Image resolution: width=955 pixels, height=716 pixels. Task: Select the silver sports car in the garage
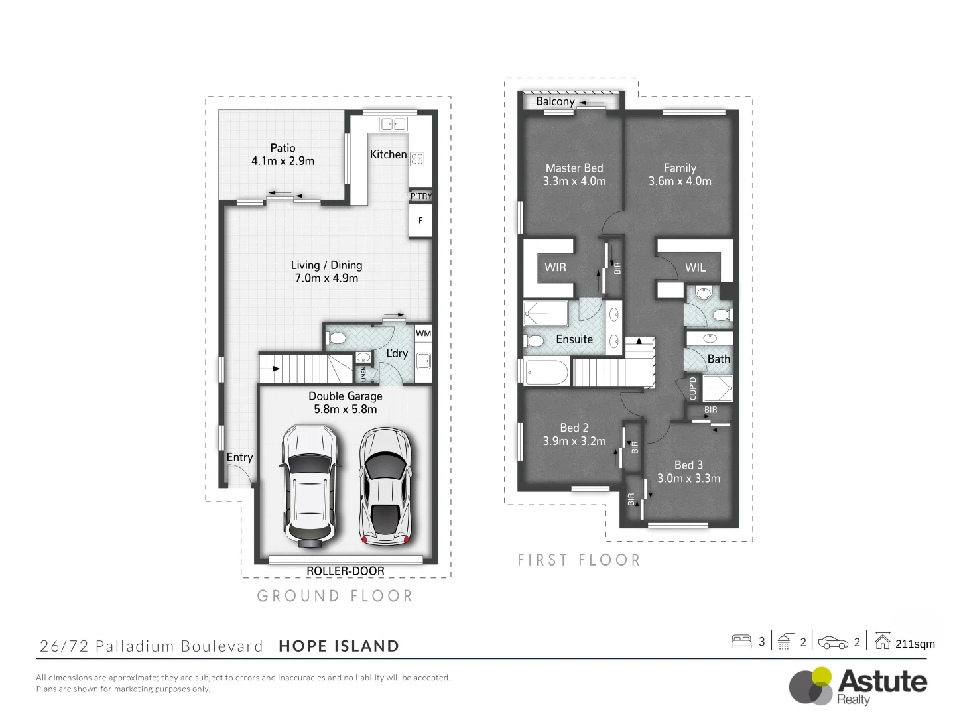(385, 486)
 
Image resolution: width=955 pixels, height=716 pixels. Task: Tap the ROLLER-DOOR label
(345, 571)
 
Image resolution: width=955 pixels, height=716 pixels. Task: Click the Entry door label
(239, 457)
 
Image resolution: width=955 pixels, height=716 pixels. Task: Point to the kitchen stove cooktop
(417, 158)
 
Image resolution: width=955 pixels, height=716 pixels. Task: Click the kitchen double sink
(393, 124)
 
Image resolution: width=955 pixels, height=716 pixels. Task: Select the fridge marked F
(420, 221)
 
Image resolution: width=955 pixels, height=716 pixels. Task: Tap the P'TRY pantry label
(420, 196)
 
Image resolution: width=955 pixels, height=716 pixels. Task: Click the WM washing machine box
(423, 333)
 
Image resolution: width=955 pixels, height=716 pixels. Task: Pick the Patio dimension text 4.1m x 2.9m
(283, 161)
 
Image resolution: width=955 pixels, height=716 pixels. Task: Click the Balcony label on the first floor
(555, 101)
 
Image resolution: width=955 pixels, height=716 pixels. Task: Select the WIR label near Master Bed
(555, 267)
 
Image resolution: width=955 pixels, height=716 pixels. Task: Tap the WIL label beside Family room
(695, 268)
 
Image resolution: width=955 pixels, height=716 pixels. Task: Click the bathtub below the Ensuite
(546, 372)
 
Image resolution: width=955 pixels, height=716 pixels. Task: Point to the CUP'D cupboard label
(693, 388)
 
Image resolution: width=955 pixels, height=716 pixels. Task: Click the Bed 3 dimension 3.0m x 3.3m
(688, 478)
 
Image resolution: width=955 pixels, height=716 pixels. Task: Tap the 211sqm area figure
(915, 644)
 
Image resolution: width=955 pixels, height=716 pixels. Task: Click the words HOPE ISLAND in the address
(339, 646)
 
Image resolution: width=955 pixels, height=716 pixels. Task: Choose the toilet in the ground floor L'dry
(337, 339)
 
